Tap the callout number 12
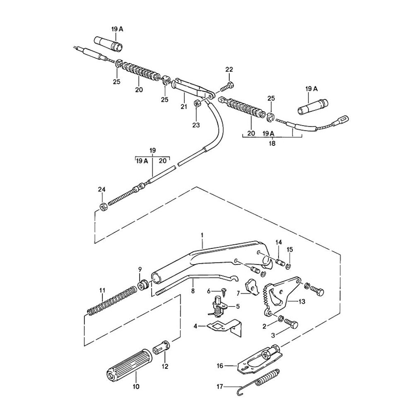tap(165, 366)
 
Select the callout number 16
tap(220, 366)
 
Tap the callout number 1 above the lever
tap(202, 235)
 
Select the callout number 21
tap(183, 108)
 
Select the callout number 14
tap(279, 242)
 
